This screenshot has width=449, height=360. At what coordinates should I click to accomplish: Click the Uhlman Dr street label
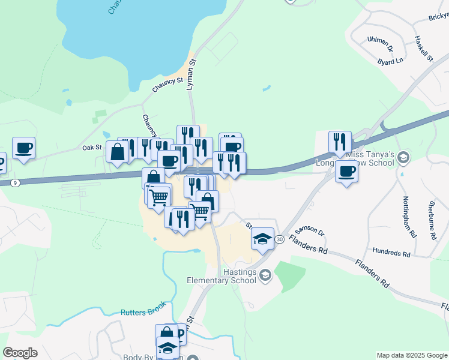point(380,43)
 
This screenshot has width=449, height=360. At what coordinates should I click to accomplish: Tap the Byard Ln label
point(390,61)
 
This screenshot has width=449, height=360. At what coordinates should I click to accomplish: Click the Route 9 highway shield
point(15,182)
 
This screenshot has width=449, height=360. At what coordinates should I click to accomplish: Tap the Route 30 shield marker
point(280,239)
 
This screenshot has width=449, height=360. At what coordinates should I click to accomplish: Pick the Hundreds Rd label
point(391,251)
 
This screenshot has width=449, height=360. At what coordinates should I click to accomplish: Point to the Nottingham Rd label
point(409,217)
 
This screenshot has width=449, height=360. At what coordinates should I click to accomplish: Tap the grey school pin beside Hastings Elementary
point(266,275)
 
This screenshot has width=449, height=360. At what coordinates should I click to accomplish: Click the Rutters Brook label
point(142,312)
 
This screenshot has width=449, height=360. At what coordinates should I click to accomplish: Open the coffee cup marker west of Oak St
point(23,148)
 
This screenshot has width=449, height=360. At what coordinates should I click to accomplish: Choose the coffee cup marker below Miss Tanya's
point(346,172)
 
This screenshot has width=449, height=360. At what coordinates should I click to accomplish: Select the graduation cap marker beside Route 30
point(262,239)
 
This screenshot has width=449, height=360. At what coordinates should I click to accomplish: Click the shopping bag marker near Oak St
point(117,152)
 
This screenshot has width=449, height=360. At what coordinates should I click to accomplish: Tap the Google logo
point(20,353)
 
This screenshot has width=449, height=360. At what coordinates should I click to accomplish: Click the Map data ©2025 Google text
point(411,355)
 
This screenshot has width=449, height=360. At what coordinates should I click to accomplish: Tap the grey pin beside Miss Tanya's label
point(403,157)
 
